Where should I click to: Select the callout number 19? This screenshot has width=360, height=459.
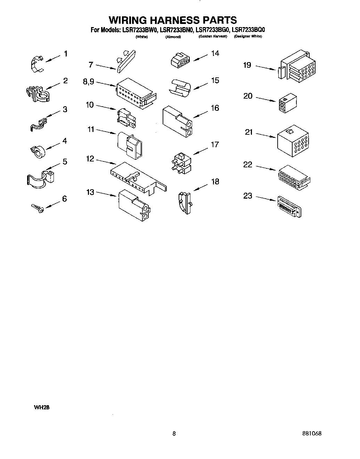click(x=247, y=65)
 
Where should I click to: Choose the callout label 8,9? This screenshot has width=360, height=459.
click(x=88, y=82)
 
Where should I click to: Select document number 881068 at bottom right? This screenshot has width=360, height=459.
click(x=312, y=434)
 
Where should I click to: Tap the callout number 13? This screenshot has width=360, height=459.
click(x=90, y=192)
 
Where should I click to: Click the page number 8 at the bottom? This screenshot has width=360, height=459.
click(x=174, y=434)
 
